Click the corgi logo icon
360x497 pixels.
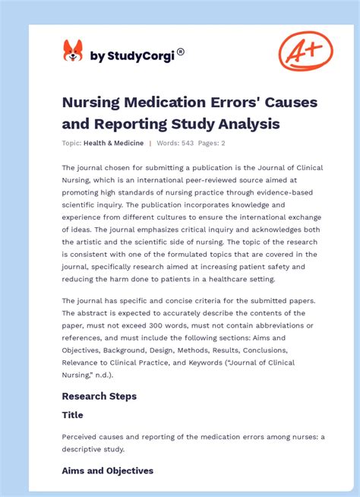(x=72, y=51)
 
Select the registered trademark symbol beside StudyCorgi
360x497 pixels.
(x=180, y=52)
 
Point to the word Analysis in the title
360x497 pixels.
(x=245, y=123)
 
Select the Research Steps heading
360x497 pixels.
(x=99, y=396)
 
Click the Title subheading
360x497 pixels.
(x=73, y=415)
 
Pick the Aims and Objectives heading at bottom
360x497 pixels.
(x=108, y=470)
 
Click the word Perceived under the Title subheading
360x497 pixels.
(x=83, y=437)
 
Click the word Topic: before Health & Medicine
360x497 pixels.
(x=72, y=143)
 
